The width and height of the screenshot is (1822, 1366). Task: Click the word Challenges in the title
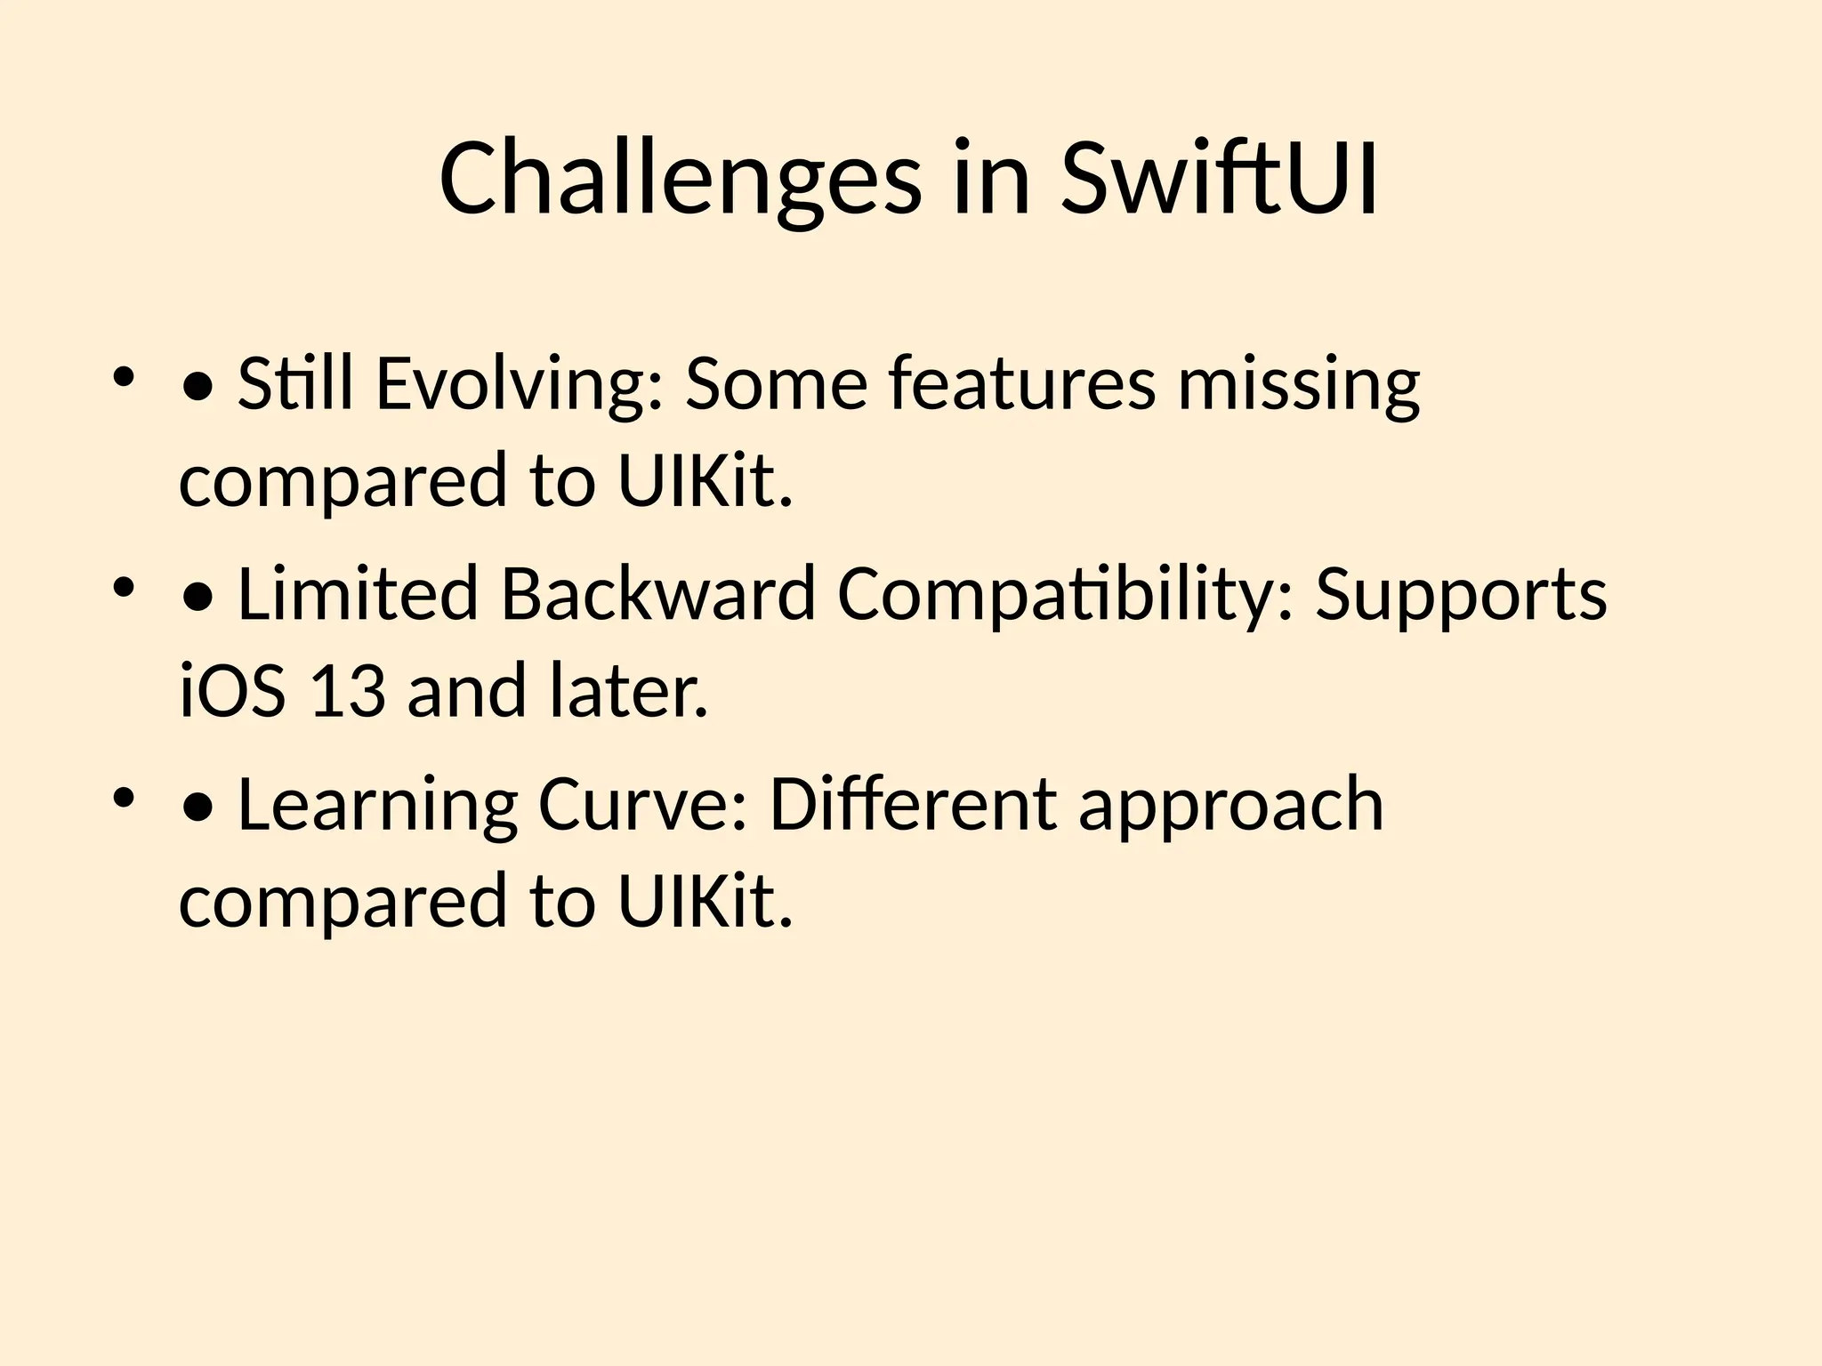click(x=680, y=180)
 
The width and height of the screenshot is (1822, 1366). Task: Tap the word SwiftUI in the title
click(x=1219, y=180)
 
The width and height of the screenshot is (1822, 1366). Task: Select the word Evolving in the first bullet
click(x=520, y=384)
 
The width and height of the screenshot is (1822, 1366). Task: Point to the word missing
click(x=1299, y=384)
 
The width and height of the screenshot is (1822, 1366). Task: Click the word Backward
click(x=658, y=594)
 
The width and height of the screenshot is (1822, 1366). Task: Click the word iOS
click(x=232, y=690)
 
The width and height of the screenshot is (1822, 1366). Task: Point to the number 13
click(x=348, y=690)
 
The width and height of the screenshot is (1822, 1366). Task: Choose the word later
click(x=628, y=690)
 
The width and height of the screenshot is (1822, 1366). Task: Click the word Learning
click(x=377, y=805)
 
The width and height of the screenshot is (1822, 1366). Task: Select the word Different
click(x=913, y=805)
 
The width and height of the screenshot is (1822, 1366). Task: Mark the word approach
click(x=1231, y=805)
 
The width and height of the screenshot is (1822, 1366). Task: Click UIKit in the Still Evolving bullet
click(x=704, y=480)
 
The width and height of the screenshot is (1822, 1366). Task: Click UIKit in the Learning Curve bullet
click(x=704, y=901)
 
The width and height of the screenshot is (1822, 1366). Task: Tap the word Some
click(x=776, y=384)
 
